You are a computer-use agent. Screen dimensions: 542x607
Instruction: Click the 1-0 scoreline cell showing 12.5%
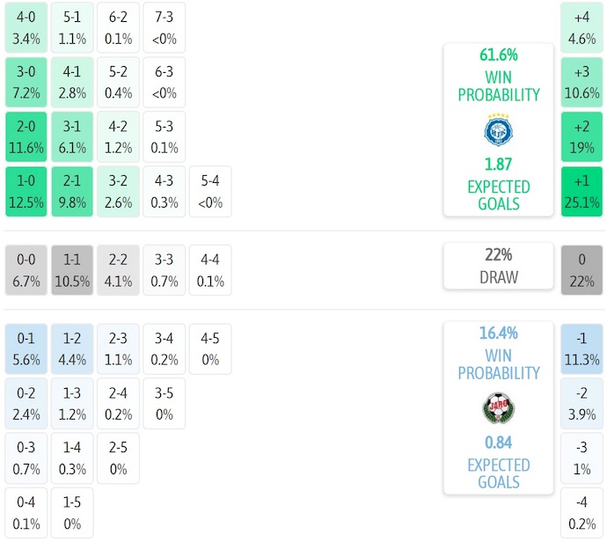point(26,192)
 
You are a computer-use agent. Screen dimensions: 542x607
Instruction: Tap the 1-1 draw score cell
point(72,270)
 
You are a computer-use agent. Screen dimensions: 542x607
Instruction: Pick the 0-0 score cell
point(26,270)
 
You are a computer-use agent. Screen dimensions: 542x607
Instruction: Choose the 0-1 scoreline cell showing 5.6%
point(26,348)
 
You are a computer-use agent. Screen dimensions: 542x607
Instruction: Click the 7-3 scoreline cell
point(165,28)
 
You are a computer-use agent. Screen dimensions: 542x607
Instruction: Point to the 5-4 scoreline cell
point(210,192)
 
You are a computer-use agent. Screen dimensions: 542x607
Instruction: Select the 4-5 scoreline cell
point(210,348)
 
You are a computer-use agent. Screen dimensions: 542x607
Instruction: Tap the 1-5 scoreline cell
point(72,512)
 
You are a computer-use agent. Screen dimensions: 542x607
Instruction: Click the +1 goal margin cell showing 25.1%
point(581,192)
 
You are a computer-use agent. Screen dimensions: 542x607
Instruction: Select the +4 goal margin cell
point(581,28)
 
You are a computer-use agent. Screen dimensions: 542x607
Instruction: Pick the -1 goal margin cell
point(581,348)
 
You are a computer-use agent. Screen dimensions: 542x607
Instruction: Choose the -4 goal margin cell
point(581,512)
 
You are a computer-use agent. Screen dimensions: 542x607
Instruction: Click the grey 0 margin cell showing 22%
point(581,270)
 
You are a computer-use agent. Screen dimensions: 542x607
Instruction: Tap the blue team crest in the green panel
point(498,130)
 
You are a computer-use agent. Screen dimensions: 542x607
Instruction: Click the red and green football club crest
point(498,408)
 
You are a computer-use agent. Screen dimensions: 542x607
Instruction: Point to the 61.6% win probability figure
point(498,55)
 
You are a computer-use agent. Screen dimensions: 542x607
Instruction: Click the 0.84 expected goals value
point(498,443)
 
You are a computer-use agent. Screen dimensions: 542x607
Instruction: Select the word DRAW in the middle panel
point(498,277)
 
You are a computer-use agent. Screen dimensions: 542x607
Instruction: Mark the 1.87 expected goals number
point(498,165)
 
